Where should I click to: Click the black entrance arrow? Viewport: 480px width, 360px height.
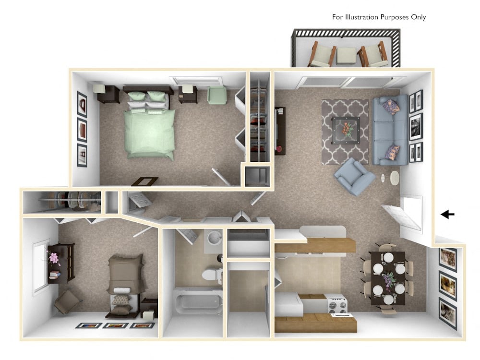[448, 215]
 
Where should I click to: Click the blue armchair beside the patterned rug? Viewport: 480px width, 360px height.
[354, 176]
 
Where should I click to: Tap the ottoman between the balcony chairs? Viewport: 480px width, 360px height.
[346, 55]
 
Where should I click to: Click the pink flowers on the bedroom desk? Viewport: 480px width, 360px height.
[53, 258]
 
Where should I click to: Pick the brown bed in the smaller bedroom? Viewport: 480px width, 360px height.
[125, 283]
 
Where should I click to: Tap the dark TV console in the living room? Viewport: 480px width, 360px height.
[279, 131]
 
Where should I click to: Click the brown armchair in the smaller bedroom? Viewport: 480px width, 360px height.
[67, 301]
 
